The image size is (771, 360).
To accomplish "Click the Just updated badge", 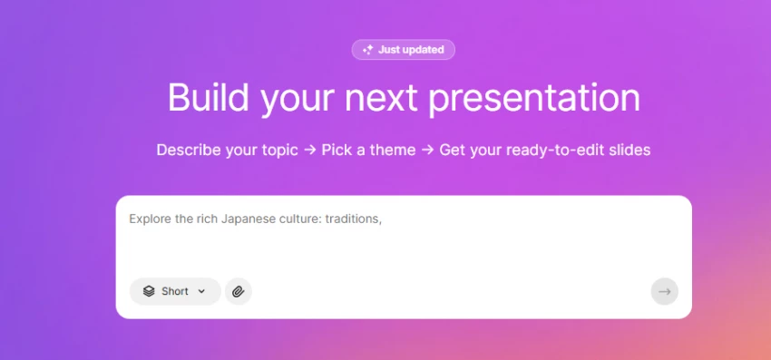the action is point(404,50).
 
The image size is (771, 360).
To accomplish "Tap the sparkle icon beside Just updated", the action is point(367,50).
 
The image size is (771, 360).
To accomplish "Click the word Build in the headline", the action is point(208,98).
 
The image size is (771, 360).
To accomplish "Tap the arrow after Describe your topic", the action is point(310,150).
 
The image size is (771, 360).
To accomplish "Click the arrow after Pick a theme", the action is point(427,150).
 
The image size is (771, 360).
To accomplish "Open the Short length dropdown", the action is point(175,292).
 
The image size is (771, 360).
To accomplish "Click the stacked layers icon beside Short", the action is point(149,292).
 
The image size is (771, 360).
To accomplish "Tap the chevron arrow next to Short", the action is point(201,292).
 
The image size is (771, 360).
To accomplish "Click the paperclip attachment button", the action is point(239,292).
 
